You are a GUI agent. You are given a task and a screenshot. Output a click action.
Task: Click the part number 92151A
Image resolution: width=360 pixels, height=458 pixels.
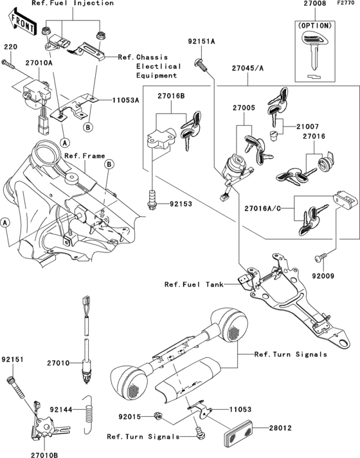[x=201, y=40]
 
